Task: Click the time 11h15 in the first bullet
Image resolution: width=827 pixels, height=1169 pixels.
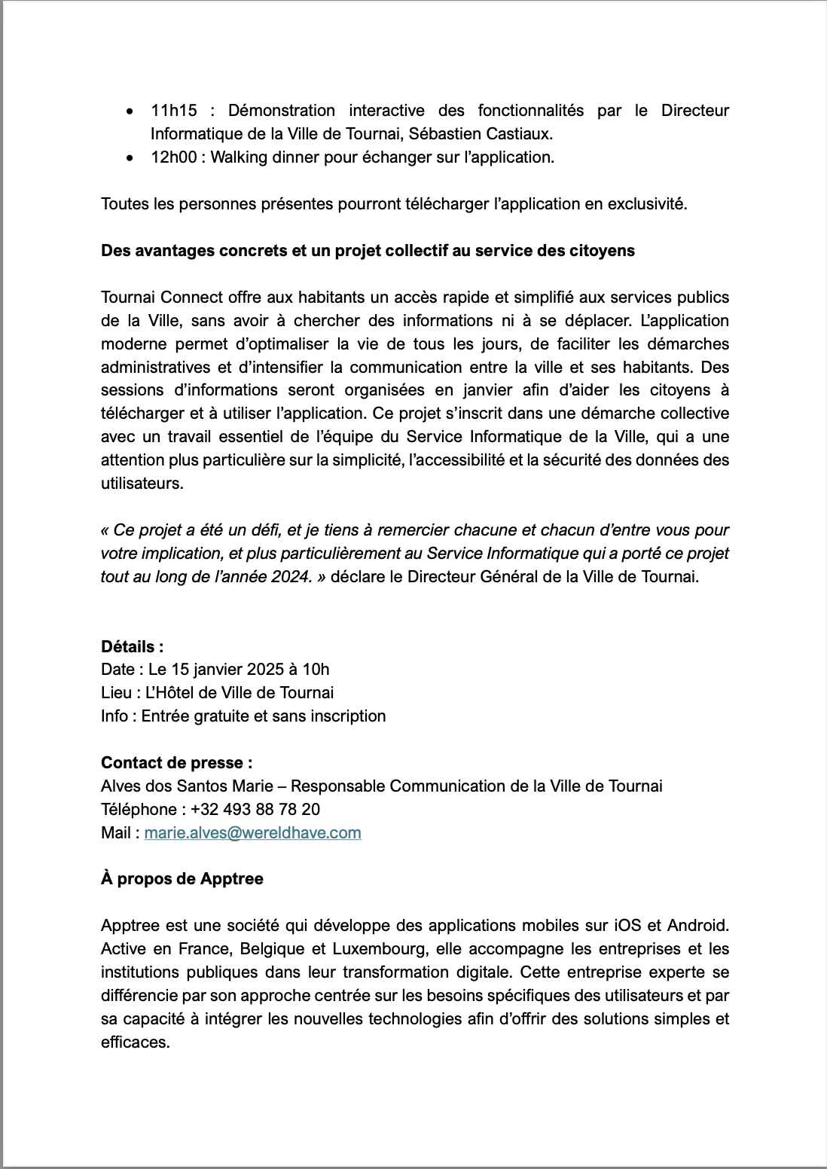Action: [173, 111]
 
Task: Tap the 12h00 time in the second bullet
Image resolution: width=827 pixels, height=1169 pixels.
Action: [173, 157]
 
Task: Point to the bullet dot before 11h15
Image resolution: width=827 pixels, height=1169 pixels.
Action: [132, 111]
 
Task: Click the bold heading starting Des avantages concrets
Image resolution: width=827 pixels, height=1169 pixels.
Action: [368, 251]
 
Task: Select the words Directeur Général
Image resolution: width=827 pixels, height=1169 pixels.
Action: [471, 577]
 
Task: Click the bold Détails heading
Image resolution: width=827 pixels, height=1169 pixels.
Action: [132, 646]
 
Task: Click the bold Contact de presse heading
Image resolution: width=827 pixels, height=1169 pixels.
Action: [176, 763]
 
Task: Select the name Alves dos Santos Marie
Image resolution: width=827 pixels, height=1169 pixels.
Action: [187, 786]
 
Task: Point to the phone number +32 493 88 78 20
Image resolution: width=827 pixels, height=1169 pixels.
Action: [255, 810]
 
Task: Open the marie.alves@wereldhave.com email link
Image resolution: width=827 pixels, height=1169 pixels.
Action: [252, 833]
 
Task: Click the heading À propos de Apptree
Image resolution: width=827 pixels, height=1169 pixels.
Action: [182, 879]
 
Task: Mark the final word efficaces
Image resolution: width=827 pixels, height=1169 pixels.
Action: [135, 1042]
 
